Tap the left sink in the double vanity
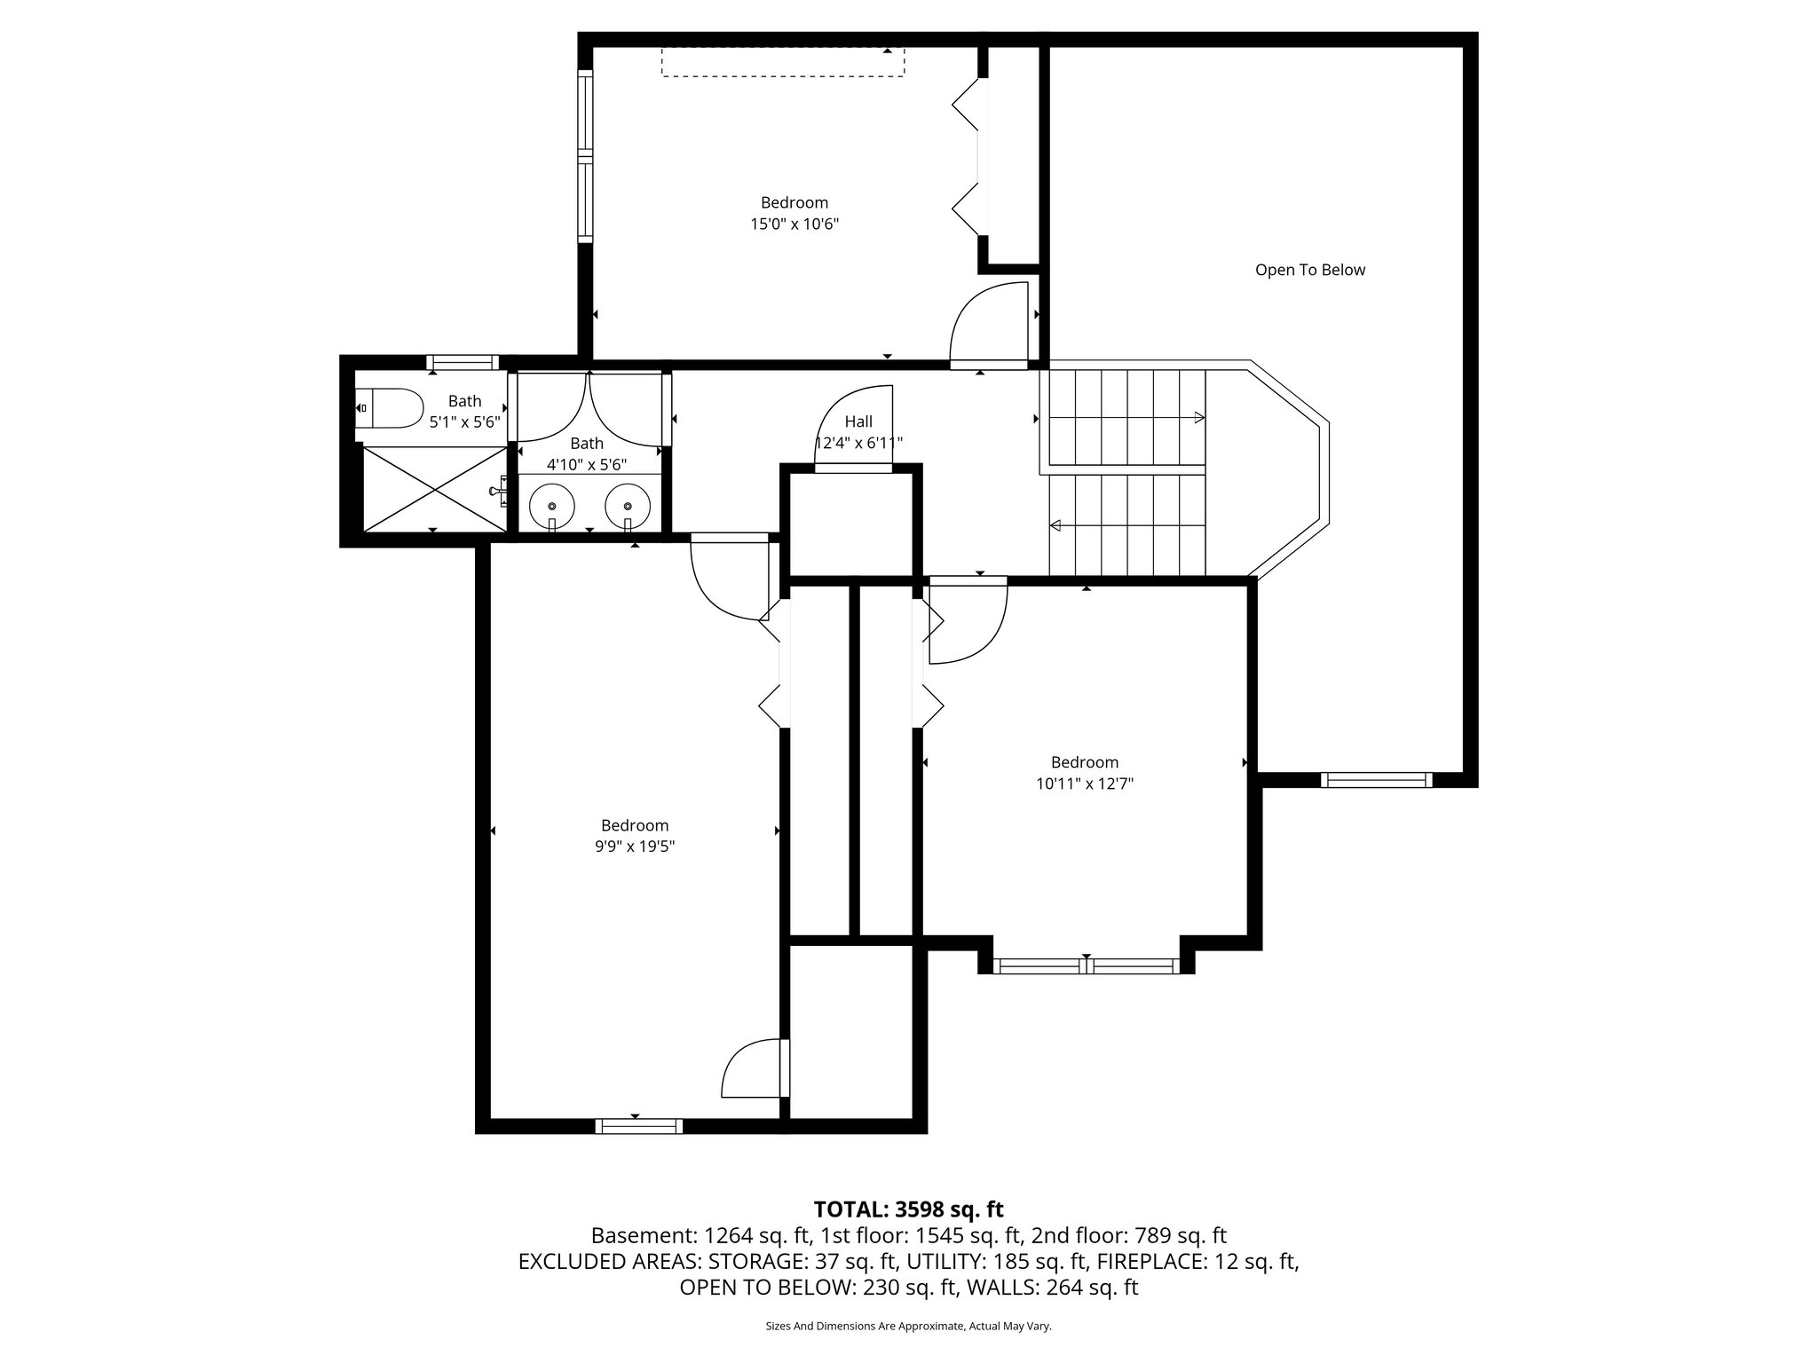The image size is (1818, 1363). pyautogui.click(x=551, y=506)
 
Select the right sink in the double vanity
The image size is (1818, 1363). pyautogui.click(x=628, y=506)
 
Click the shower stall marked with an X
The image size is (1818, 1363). pyautogui.click(x=432, y=489)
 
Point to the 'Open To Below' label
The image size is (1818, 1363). pyautogui.click(x=1309, y=270)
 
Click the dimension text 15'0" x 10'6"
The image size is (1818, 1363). pyautogui.click(x=794, y=225)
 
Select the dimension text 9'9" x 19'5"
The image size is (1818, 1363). pyautogui.click(x=635, y=847)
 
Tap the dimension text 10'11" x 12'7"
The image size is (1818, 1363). pyautogui.click(x=1084, y=784)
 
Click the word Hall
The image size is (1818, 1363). pyautogui.click(x=858, y=422)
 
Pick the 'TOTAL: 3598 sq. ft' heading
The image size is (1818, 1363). pyautogui.click(x=908, y=1209)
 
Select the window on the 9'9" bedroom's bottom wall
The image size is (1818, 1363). pyautogui.click(x=639, y=1126)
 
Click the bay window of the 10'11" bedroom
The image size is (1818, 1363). pyautogui.click(x=1086, y=966)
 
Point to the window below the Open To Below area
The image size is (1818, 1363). pyautogui.click(x=1376, y=780)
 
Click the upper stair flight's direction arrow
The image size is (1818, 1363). pyautogui.click(x=1198, y=418)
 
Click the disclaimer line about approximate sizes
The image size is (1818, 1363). pyautogui.click(x=908, y=1326)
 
